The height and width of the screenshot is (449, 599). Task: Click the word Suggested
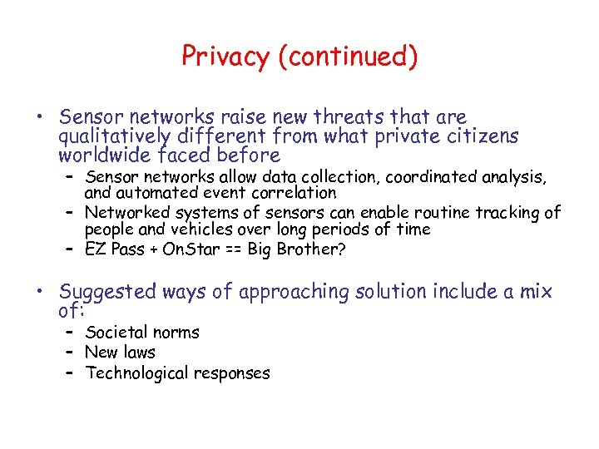pos(107,293)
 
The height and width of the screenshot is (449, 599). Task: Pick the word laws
pos(138,353)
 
